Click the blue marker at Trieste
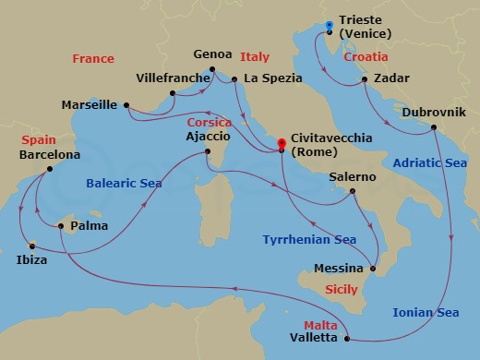click(x=330, y=26)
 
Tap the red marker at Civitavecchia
click(x=282, y=143)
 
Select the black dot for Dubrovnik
click(x=434, y=129)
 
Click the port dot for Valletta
click(x=346, y=339)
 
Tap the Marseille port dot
click(x=126, y=104)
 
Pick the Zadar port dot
click(x=366, y=81)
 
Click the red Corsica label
click(x=209, y=122)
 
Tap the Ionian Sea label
click(x=426, y=312)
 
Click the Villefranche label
click(x=173, y=78)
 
